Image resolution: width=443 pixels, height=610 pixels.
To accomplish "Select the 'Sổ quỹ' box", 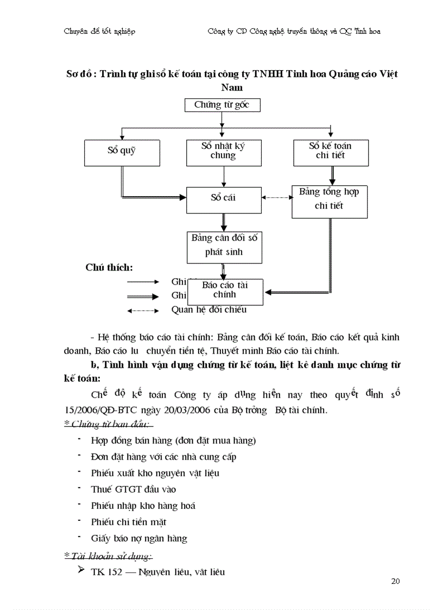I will pyautogui.click(x=122, y=153).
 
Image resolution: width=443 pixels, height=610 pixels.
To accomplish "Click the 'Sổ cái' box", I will pyautogui.click(x=223, y=199).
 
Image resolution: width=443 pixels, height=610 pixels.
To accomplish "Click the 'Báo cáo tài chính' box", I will pyautogui.click(x=225, y=291).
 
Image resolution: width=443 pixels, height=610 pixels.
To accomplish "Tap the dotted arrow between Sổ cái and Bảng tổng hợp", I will pyautogui.click(x=277, y=198).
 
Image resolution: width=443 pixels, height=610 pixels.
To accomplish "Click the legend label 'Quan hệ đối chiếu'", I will pyautogui.click(x=208, y=310).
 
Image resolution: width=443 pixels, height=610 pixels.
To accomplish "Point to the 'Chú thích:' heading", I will pyautogui.click(x=109, y=267).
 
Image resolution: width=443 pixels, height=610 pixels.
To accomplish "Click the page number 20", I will pyautogui.click(x=395, y=582).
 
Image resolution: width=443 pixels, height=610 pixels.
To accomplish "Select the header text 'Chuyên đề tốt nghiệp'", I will pyautogui.click(x=99, y=31).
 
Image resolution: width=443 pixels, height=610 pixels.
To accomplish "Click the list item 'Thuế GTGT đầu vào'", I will pyautogui.click(x=134, y=489).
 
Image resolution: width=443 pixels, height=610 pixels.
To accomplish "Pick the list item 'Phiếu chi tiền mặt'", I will pyautogui.click(x=129, y=522).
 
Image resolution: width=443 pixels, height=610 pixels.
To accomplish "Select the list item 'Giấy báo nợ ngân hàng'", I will pyautogui.click(x=139, y=538).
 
